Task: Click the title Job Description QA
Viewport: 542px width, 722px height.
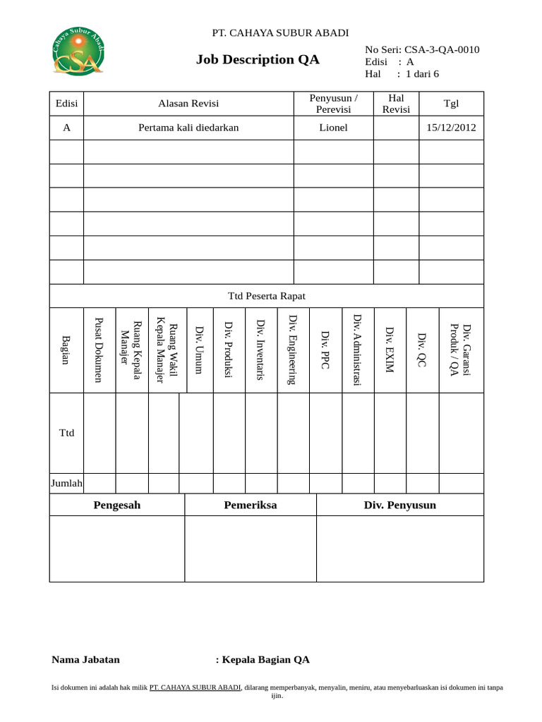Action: coord(258,60)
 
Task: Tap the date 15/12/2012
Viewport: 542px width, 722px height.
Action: coord(451,128)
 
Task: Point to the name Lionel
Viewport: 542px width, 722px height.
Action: coord(333,128)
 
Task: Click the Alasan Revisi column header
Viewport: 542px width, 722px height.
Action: coord(188,104)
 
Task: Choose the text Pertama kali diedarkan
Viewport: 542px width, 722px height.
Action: coord(188,128)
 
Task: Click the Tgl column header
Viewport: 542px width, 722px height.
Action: coord(451,104)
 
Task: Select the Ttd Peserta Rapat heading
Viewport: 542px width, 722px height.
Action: coord(266,296)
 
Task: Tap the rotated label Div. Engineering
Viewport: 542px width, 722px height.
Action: coord(293,350)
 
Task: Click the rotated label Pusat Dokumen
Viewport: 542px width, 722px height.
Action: coord(100,350)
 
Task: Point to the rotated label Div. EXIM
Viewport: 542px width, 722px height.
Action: coord(390,350)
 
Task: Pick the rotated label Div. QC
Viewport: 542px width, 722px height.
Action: coord(422,350)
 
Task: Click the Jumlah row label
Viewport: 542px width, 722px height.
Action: coord(67,483)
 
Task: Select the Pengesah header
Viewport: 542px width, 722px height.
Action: coord(116,505)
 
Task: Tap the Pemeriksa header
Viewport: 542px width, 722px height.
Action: coord(251,505)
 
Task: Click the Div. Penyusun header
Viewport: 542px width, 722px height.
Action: coord(400,505)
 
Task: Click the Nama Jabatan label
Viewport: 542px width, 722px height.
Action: coord(85,660)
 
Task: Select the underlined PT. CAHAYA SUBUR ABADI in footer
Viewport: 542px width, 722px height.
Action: coord(195,687)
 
